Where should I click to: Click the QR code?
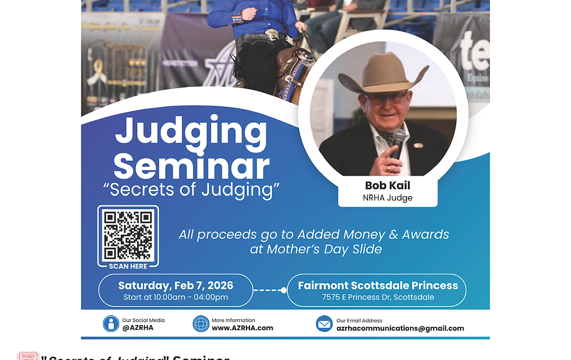(x=128, y=235)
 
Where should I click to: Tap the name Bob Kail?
(x=387, y=186)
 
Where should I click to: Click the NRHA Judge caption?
(x=387, y=198)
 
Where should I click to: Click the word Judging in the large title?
(x=191, y=132)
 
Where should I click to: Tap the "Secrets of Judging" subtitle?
(x=191, y=189)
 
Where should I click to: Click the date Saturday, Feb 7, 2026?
(x=176, y=286)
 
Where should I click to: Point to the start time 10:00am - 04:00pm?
(x=176, y=297)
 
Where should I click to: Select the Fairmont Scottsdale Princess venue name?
(x=378, y=286)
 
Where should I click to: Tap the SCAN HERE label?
(x=128, y=266)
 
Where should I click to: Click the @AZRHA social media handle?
(x=138, y=328)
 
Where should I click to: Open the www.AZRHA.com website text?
(x=242, y=328)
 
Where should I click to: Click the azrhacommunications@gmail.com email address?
(x=400, y=328)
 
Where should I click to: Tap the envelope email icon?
(x=324, y=324)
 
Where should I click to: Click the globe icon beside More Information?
(x=200, y=324)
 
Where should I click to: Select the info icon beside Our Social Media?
(x=111, y=324)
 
